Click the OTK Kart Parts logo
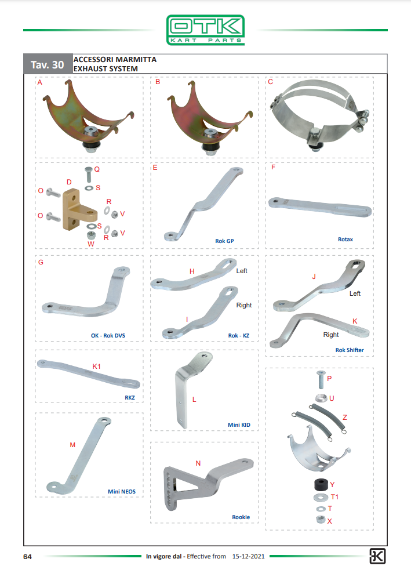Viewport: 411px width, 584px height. coord(205,30)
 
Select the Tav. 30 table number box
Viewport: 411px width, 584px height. coord(48,64)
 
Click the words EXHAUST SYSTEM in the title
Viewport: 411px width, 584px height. coord(106,69)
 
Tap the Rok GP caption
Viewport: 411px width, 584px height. coord(224,241)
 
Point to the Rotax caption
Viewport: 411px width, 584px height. coord(345,239)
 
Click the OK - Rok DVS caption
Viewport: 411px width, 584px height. coord(108,336)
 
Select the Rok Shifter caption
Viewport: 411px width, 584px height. coord(349,350)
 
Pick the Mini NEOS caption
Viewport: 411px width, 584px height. coord(122,492)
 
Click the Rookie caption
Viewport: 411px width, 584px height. coord(241,517)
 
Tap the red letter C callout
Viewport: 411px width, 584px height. coord(270,82)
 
